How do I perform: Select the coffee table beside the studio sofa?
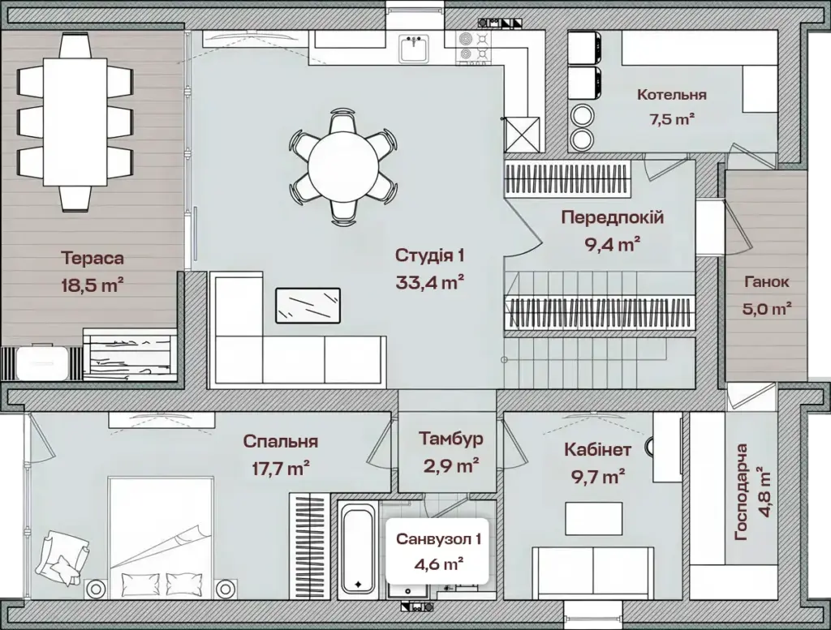pos(308,306)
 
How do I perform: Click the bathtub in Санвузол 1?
pos(358,548)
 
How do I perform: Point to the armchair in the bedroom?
pos(62,559)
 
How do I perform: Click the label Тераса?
pos(93,259)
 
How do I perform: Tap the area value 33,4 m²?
pos(430,282)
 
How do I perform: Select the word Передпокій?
pos(613,217)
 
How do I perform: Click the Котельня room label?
pos(671,95)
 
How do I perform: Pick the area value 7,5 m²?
pos(672,119)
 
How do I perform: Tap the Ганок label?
pos(766,282)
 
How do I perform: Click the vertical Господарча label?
pos(742,492)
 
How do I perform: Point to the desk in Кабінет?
pos(593,519)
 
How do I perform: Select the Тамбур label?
pos(451,439)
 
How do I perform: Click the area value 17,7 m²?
pos(280,468)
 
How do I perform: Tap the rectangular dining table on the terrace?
pos(75,122)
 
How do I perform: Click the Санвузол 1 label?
pos(438,539)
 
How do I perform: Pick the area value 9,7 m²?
pos(593,477)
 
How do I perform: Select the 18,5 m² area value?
pos(93,286)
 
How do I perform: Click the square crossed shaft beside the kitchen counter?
pos(522,135)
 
